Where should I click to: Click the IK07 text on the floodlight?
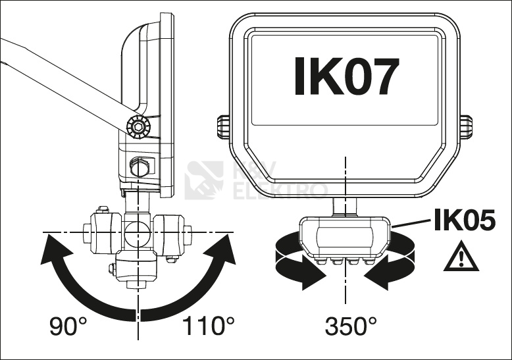tap(346, 78)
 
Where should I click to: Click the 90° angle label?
tap(69, 325)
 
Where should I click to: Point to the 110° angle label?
tap(207, 325)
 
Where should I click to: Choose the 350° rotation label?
tap(351, 325)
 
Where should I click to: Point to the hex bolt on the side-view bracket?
tap(140, 167)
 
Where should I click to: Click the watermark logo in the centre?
tap(205, 180)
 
